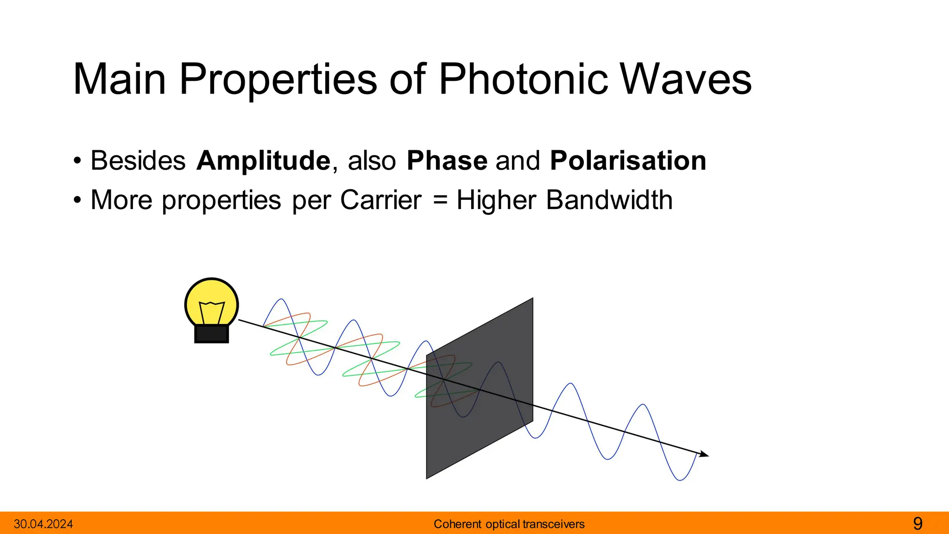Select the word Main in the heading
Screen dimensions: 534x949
click(120, 80)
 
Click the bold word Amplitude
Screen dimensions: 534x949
click(263, 161)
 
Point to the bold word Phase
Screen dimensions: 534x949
click(447, 161)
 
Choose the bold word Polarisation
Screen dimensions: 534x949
click(628, 161)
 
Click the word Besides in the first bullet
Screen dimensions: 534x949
click(138, 161)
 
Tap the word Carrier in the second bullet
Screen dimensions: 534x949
click(380, 200)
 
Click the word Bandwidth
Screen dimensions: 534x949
click(609, 200)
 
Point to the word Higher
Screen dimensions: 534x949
click(496, 200)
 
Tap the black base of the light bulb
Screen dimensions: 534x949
click(211, 334)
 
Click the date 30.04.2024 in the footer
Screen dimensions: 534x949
click(43, 524)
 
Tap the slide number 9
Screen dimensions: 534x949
click(917, 524)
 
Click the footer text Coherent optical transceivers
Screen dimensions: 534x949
click(509, 524)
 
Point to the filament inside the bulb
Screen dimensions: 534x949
click(212, 311)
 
